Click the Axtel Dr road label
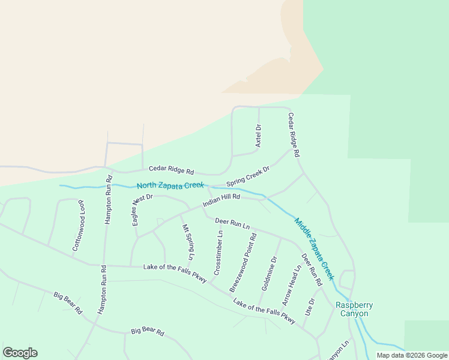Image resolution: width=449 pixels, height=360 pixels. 259,136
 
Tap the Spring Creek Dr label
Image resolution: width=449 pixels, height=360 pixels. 248,176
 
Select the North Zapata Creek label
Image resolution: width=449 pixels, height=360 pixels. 170,186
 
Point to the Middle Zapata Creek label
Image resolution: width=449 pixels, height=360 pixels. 314,249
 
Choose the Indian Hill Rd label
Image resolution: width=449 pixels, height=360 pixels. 221,201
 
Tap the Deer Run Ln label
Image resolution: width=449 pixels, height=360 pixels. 232,224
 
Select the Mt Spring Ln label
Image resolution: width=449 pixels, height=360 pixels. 188,242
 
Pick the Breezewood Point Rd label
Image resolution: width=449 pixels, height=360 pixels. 243,262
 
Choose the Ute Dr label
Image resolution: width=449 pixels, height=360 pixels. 310,308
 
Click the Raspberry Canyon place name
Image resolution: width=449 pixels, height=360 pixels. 354,309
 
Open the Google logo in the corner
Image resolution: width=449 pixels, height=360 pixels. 20,353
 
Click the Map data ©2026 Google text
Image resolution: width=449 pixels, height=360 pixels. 412,355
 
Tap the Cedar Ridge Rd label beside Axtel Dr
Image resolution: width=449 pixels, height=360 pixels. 294,135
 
